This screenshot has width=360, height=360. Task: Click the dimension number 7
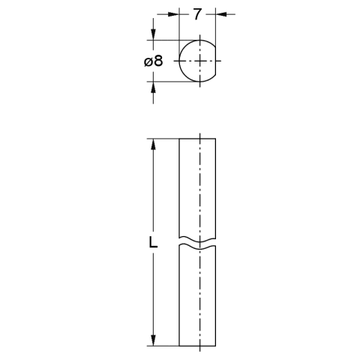[x=197, y=14]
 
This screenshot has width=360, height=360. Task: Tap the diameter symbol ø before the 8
[x=148, y=61]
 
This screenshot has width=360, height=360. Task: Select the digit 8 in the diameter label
[x=158, y=61]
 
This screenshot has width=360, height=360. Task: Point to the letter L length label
[x=153, y=242]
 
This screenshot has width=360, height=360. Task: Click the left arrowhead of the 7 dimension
[x=174, y=14]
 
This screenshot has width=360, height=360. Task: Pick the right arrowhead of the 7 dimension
[x=221, y=14]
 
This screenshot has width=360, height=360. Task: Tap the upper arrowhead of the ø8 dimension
[x=153, y=34]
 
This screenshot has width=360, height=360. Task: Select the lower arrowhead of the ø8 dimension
[x=153, y=87]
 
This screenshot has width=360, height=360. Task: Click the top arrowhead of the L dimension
[x=153, y=144]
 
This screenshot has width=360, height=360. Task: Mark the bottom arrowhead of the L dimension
[x=153, y=340]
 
